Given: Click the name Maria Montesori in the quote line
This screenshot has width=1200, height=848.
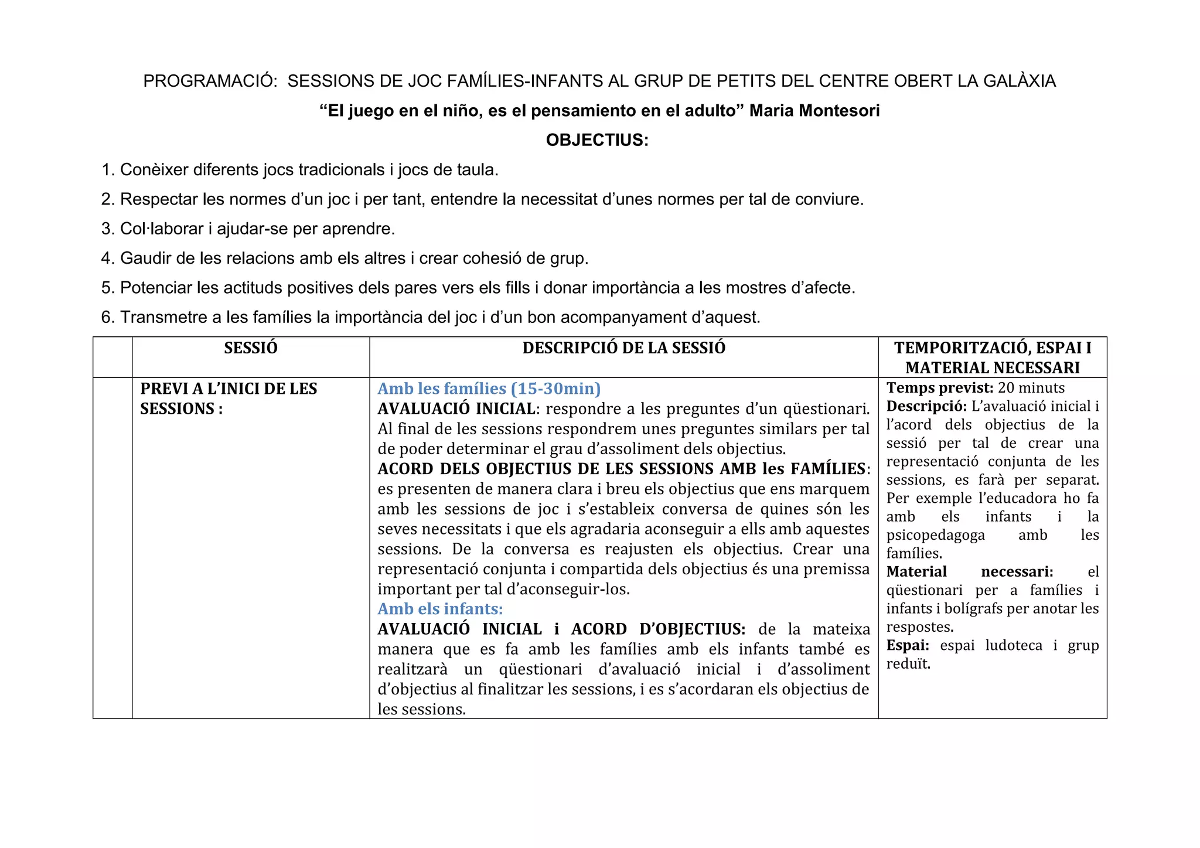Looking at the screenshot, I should tap(814, 111).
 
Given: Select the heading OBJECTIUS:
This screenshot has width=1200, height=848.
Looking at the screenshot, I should tap(597, 141).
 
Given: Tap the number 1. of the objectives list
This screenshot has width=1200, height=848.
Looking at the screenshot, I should tap(108, 170).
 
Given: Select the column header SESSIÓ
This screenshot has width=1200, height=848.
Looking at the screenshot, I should tap(251, 348).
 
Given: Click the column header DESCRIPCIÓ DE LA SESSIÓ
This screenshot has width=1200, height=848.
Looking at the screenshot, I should tap(623, 348).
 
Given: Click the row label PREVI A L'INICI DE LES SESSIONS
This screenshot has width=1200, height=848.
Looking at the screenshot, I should tap(229, 399).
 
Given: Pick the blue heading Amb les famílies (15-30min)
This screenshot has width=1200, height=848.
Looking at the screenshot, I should tap(489, 389).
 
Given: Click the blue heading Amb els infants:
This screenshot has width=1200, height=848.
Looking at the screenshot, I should tap(440, 609).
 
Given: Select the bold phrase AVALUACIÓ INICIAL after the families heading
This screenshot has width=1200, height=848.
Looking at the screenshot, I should tap(456, 409).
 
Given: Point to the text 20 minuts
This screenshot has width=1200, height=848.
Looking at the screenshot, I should tap(1031, 388).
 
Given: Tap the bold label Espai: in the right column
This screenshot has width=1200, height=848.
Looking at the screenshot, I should tap(908, 646).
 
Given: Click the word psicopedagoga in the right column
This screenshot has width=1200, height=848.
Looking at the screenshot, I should tap(935, 535).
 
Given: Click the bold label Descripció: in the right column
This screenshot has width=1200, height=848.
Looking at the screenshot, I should tap(926, 406).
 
